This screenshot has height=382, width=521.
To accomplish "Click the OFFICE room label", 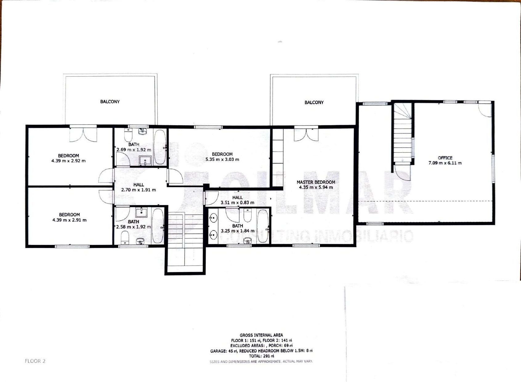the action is point(445,158).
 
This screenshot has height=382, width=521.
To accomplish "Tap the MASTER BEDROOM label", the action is point(316,182).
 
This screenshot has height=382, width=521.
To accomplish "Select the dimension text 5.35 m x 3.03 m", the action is point(222,159).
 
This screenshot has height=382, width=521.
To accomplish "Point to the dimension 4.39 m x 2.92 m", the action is point(68,161).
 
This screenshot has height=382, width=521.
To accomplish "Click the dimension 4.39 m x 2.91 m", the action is point(69,220).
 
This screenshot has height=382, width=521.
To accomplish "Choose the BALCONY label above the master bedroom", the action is point(314,102).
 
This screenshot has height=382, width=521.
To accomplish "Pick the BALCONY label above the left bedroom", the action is point(110,102).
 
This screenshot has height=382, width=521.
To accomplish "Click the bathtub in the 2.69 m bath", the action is point(160,147).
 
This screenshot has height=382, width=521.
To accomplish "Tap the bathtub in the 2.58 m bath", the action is point(158,226).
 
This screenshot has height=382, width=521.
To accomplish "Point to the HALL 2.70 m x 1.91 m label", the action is point(139,187).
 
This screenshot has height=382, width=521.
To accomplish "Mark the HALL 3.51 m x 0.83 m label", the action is point(237,200).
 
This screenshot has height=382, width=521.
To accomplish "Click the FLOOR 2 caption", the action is point(35,361).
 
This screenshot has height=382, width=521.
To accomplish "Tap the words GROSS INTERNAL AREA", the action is point(261,335).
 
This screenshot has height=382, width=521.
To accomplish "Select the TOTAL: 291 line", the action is point(261,356).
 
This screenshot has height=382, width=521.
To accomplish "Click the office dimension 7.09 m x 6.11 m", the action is point(445,163).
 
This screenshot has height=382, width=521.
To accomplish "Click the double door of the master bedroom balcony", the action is point(306,135).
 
